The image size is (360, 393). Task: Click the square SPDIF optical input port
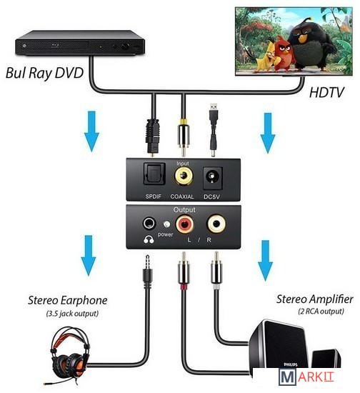click(x=154, y=174)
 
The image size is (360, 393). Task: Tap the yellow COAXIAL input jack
click(x=184, y=176)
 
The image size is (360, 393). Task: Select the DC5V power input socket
click(x=212, y=177)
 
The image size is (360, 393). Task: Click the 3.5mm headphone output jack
click(x=149, y=223)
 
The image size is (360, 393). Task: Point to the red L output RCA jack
click(x=184, y=224)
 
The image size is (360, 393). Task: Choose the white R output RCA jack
click(x=216, y=224)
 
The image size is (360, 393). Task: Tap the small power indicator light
click(x=166, y=224)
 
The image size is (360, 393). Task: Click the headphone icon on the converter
click(x=149, y=239)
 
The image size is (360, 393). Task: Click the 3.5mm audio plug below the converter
click(x=148, y=272)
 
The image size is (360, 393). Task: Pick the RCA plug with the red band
click(x=184, y=272)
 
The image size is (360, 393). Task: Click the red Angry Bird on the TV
click(x=283, y=52)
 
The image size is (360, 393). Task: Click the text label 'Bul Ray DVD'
click(x=44, y=73)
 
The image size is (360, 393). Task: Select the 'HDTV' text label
click(x=326, y=92)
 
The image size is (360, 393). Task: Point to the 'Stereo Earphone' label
click(x=68, y=300)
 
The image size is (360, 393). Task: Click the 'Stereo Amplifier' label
click(x=315, y=299)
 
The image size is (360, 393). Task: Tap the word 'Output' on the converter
click(x=184, y=209)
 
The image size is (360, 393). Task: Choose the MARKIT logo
click(x=306, y=377)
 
